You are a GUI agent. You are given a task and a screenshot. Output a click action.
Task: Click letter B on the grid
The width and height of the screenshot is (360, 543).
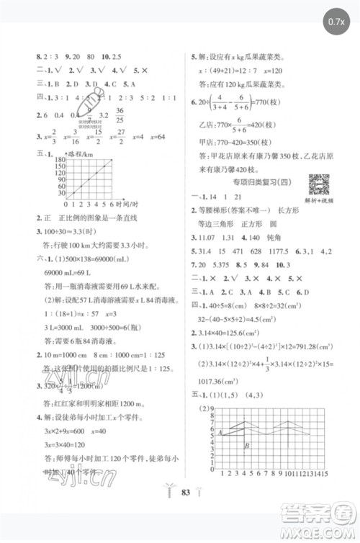[247, 447]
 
